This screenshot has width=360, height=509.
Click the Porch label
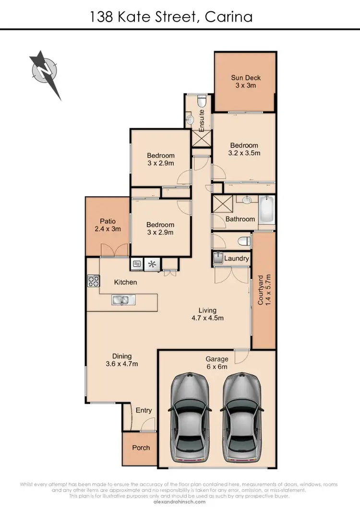coord(141,448)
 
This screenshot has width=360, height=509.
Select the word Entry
coord(144,410)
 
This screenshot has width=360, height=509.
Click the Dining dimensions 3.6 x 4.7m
coord(122,364)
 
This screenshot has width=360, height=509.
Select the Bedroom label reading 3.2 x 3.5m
coord(244,154)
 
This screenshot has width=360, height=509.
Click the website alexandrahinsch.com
coord(180,501)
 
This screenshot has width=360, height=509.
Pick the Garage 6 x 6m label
coord(217,367)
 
